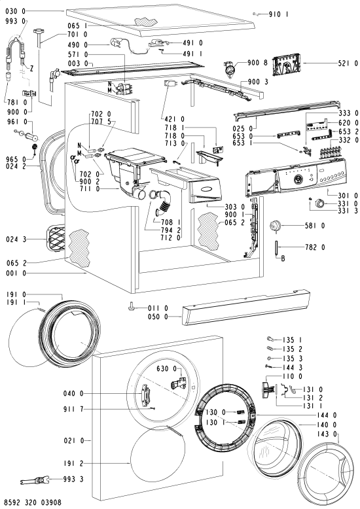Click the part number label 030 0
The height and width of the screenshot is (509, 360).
pos(16,11)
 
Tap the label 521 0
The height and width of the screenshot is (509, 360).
pos(348,63)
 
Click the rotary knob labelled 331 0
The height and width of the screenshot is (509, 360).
pos(320,204)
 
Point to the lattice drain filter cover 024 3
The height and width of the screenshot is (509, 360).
pos(56,238)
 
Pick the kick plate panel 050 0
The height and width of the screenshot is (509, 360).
pos(245,308)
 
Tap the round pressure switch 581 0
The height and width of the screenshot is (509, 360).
pos(275,226)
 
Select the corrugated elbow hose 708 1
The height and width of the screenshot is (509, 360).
pos(165,204)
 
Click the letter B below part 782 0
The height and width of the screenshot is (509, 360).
pos(283,258)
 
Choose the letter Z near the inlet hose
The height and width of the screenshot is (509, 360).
pos(32,69)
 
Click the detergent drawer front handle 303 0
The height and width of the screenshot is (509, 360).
pos(205,189)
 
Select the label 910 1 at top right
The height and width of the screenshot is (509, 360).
pos(278,14)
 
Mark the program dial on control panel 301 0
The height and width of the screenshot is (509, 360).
pos(298,179)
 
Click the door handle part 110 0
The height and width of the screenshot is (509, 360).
pos(266,389)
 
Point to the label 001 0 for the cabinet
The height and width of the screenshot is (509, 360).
pos(16,273)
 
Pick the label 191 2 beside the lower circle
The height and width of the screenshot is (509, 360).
pos(73,464)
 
